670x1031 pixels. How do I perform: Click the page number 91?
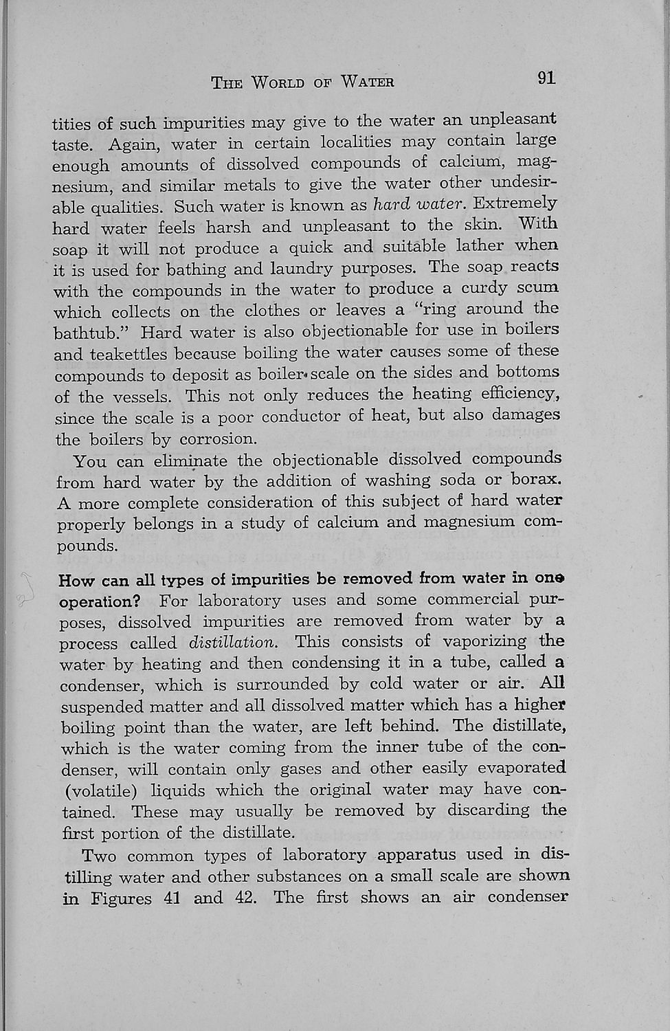click(546, 78)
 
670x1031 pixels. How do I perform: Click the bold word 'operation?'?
click(100, 601)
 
